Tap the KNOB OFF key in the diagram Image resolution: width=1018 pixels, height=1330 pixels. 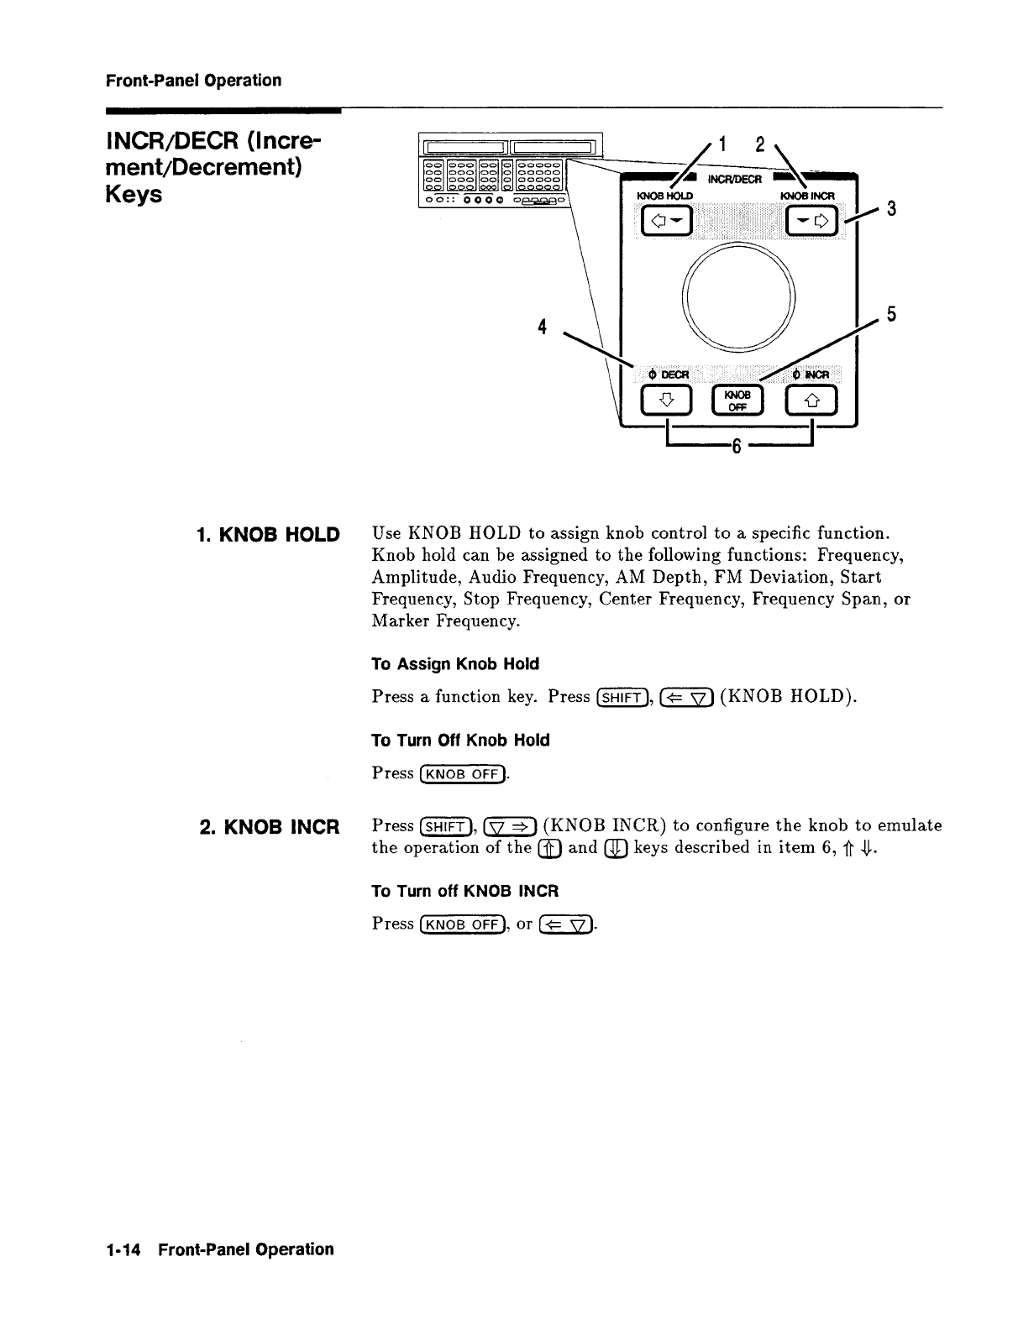pyautogui.click(x=738, y=401)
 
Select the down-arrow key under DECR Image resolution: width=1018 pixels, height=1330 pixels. pyautogui.click(x=666, y=401)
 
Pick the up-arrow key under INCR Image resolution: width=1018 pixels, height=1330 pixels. pyautogui.click(x=810, y=401)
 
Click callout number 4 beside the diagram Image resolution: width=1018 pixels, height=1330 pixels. pyautogui.click(x=544, y=326)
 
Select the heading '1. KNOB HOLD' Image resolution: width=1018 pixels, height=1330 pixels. pyautogui.click(x=267, y=534)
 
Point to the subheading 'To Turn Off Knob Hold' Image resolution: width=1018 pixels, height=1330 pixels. pyautogui.click(x=460, y=740)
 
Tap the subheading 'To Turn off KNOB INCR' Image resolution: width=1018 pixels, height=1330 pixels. pyautogui.click(x=464, y=890)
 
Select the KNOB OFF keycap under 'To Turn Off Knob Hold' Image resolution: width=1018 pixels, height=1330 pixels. pyautogui.click(x=464, y=773)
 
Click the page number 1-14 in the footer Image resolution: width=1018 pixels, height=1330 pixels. pyautogui.click(x=124, y=1249)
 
